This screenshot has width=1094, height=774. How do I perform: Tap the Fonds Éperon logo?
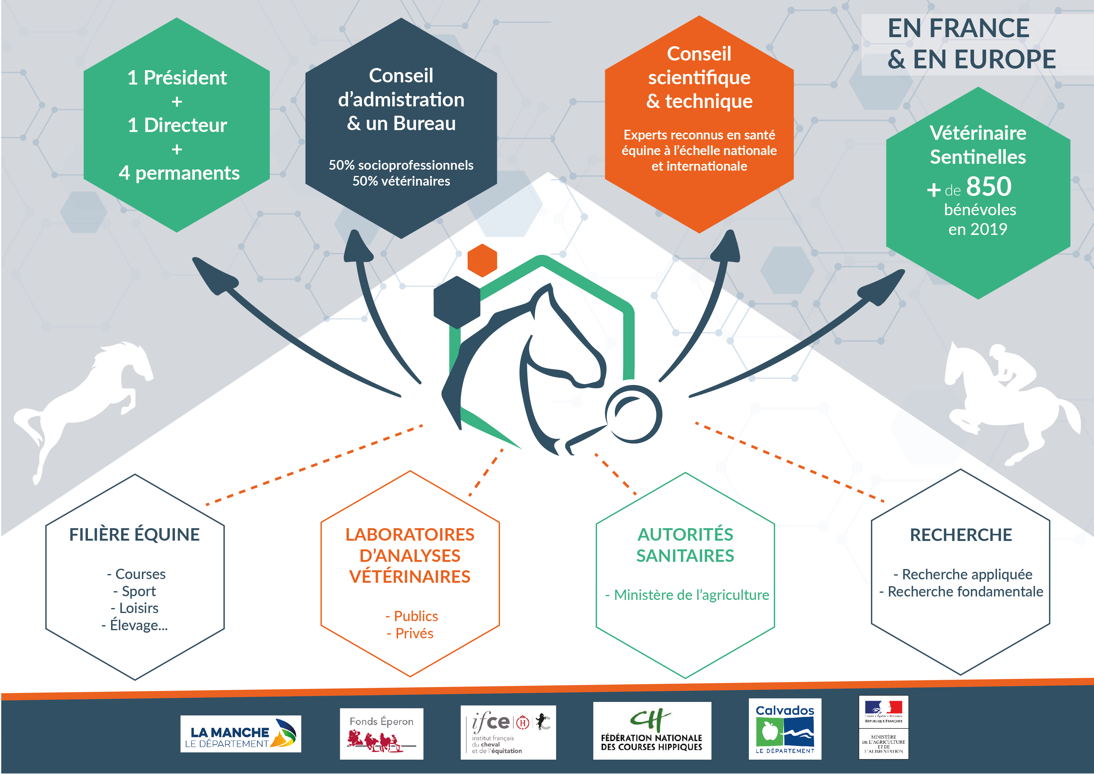(381, 733)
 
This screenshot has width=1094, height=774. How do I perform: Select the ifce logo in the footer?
(508, 732)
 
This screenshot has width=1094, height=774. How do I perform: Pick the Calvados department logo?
(784, 729)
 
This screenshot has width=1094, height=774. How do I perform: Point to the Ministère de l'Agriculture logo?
(883, 727)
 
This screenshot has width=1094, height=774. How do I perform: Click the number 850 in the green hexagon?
(989, 187)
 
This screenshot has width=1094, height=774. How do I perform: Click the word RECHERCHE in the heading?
(961, 535)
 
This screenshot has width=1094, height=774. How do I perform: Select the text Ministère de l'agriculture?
(691, 595)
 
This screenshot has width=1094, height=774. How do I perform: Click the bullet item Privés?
(414, 633)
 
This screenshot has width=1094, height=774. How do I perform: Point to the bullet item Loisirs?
(138, 608)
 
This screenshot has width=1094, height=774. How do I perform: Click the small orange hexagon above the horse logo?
(482, 260)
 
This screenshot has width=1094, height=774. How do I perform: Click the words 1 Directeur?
(177, 125)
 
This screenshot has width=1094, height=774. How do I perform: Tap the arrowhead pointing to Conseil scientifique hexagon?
(728, 246)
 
